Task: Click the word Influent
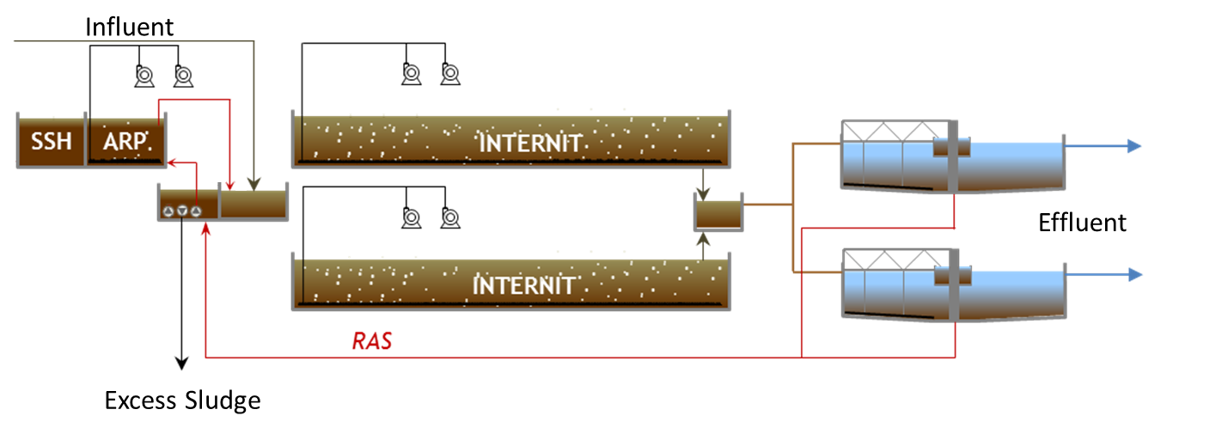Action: click(x=130, y=27)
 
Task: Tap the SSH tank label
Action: click(x=51, y=142)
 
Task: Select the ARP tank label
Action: click(x=125, y=142)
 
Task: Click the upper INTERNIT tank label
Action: click(x=529, y=144)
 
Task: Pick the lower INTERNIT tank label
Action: click(x=523, y=285)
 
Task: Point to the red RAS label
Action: click(x=372, y=341)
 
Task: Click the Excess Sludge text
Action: click(x=182, y=400)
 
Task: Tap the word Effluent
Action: click(x=1082, y=223)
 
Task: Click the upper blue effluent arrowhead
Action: click(x=1134, y=146)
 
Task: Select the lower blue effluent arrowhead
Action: click(x=1135, y=274)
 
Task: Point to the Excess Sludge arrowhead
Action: click(x=181, y=364)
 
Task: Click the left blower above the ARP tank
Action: click(x=144, y=76)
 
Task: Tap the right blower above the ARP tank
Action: click(x=183, y=76)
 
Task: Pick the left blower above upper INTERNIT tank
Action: click(x=411, y=74)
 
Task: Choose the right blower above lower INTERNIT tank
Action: click(x=450, y=217)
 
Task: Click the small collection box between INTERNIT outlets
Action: click(x=718, y=212)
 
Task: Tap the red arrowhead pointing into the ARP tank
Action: click(x=172, y=162)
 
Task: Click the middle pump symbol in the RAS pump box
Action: click(x=182, y=211)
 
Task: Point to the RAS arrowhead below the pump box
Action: click(x=205, y=229)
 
